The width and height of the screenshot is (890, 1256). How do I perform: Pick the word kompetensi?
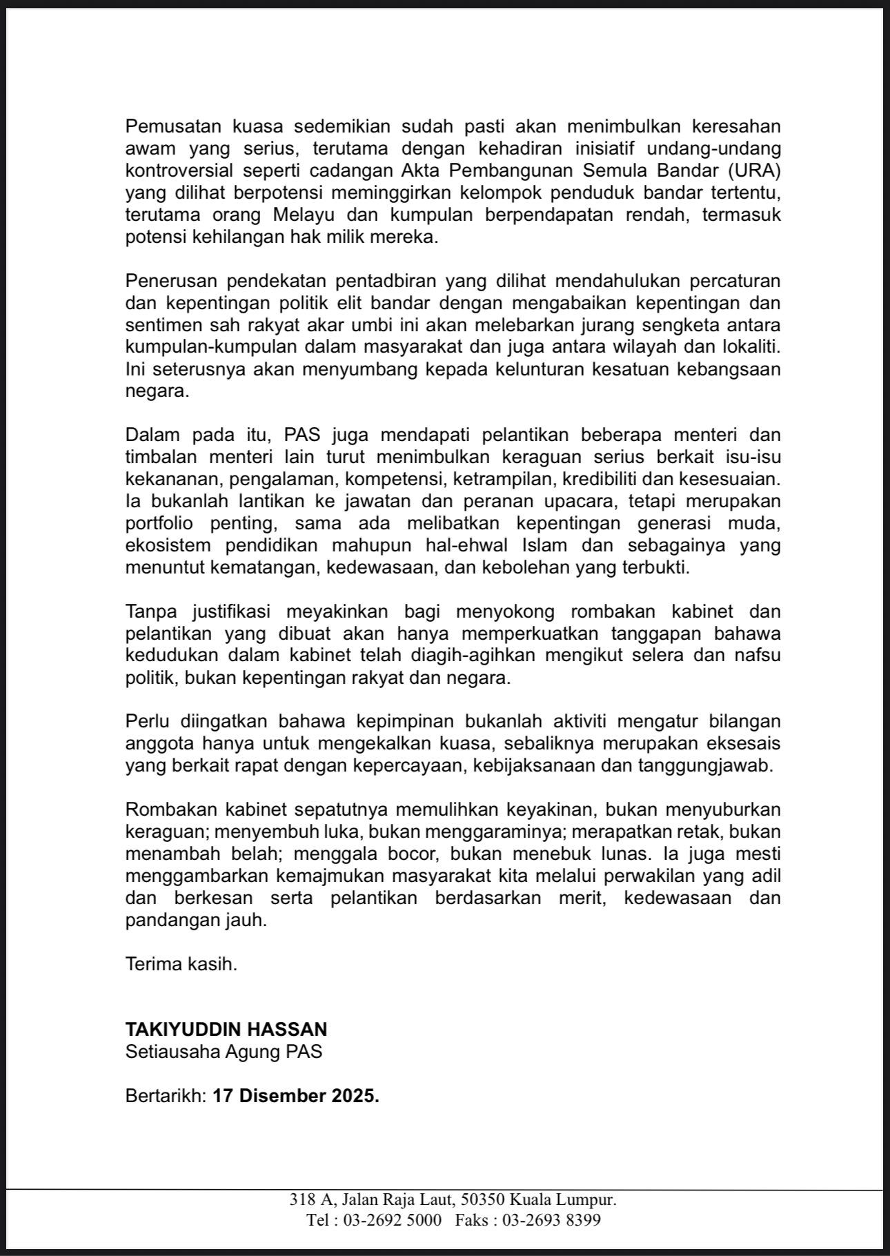point(390,478)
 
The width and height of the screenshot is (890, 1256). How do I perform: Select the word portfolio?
point(159,522)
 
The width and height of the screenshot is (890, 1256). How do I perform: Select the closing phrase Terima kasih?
point(181,964)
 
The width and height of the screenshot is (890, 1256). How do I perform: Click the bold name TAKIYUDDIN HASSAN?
point(226,1030)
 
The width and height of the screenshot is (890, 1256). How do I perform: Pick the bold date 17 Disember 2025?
point(296,1096)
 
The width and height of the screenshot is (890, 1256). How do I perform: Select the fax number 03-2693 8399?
point(551,1220)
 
